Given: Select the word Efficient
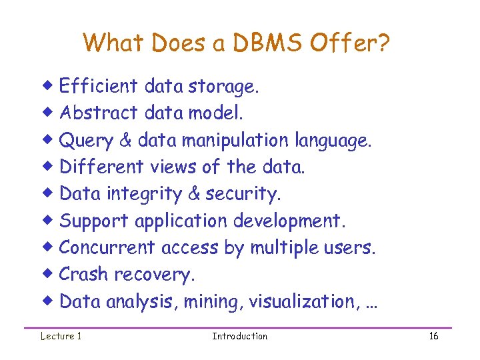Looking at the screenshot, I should click(99, 86).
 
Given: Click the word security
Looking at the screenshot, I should click(244, 194).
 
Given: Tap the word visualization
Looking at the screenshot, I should click(305, 301).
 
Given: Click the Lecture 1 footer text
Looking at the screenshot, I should click(61, 336).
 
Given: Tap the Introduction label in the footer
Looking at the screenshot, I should click(239, 336).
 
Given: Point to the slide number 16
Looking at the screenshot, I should click(433, 336).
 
